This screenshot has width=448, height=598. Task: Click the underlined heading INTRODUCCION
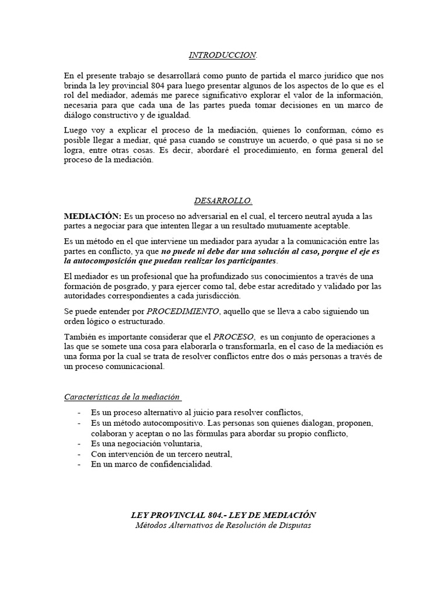pos(223,55)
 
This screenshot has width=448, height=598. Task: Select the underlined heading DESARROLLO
pos(223,201)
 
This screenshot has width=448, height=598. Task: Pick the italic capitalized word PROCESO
pos(233,337)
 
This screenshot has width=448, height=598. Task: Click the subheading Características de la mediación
pos(122,397)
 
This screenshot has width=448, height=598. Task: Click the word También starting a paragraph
pos(80,337)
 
